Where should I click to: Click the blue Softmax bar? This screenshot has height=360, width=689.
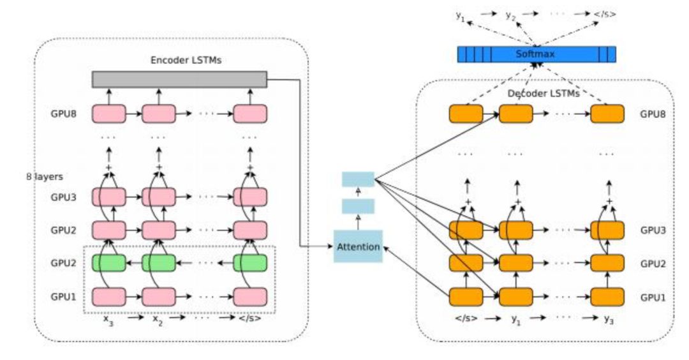coord(537,54)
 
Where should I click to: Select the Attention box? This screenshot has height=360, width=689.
coord(358,246)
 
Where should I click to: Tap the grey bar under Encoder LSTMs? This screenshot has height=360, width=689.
coord(179,80)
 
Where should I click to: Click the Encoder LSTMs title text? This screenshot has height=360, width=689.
coord(186,60)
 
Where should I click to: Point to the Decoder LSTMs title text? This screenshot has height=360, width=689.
coord(544,94)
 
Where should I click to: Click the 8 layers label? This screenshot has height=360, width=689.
coord(45,177)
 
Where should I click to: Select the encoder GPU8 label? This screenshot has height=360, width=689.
coord(63,114)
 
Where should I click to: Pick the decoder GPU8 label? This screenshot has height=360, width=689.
coord(653,114)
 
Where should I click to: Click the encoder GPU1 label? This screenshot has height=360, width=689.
coord(63,297)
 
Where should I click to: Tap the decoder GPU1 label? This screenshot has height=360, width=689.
coord(653,297)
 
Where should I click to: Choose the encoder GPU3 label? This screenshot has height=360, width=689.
coord(63,197)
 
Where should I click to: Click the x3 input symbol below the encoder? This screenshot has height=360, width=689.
coord(108,320)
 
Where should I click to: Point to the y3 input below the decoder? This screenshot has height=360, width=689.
coord(609,320)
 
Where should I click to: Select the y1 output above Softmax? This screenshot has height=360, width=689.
coord(460,17)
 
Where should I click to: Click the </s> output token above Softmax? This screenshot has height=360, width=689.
coord(605,14)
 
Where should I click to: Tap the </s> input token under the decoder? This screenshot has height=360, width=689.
coord(466,319)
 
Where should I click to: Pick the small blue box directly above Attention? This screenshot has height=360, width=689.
coord(358,206)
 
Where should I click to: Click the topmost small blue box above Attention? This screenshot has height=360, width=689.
coord(358,179)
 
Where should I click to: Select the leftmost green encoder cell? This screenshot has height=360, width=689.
coord(108,263)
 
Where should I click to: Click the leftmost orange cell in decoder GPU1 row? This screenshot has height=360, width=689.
coord(466,297)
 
